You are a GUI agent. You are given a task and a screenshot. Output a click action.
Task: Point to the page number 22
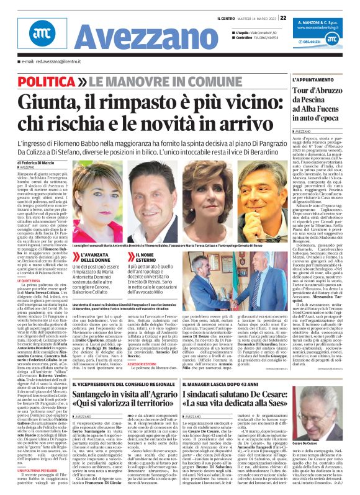point(282,17)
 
